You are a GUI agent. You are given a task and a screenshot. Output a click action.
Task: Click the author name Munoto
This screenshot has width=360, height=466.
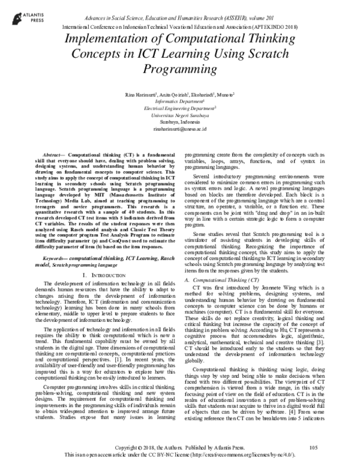click(225, 94)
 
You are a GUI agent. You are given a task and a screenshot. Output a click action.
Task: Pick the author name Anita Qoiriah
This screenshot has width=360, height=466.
click(167, 94)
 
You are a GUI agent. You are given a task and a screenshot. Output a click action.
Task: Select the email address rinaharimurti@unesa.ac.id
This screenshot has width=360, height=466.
click(179, 128)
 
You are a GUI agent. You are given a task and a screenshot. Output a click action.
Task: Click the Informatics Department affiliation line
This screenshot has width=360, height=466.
click(179, 101)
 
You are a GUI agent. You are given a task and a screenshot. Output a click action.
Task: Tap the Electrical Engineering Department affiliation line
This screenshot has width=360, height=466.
click(179, 107)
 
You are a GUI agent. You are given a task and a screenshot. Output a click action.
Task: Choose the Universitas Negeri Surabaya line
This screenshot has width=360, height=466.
click(179, 114)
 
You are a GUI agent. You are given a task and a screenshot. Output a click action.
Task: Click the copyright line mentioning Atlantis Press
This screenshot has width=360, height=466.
click(180, 448)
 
